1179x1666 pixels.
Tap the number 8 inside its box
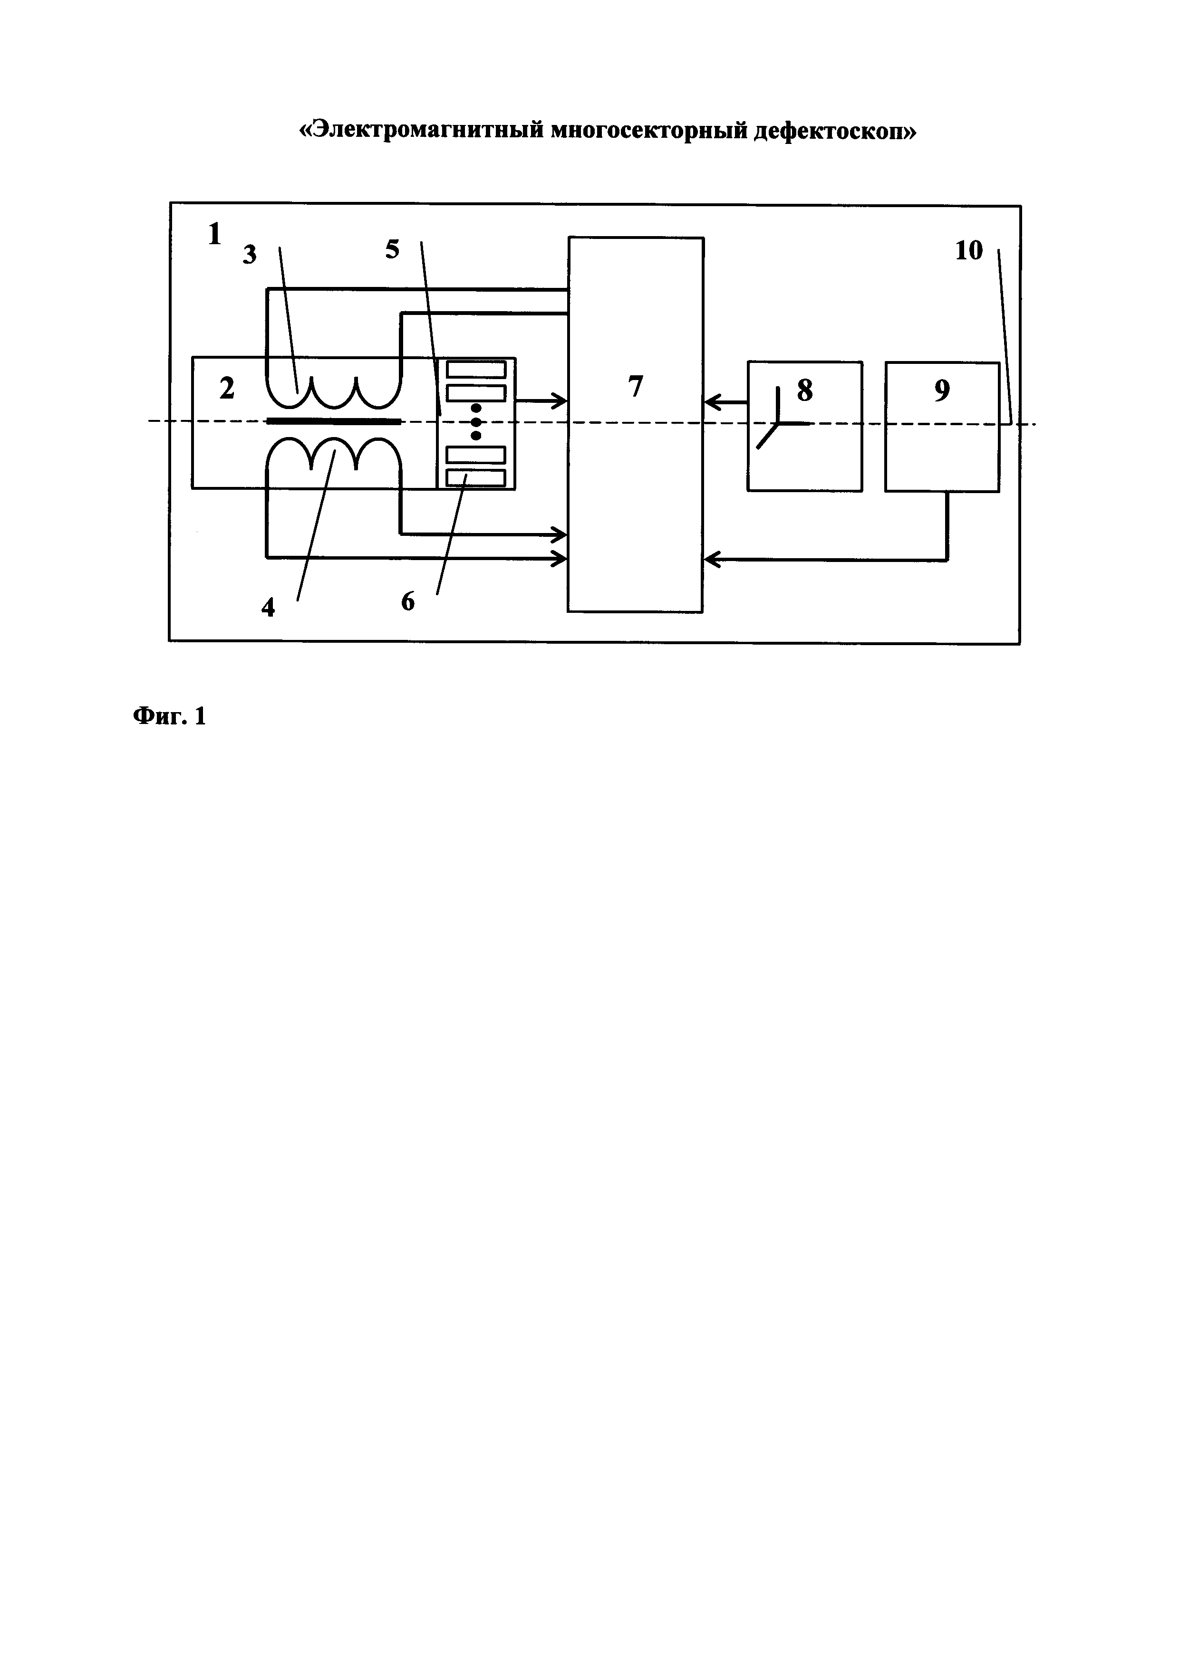coord(804,391)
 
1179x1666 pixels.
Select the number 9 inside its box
coord(942,391)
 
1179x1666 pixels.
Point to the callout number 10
coord(968,251)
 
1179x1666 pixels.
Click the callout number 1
coord(214,234)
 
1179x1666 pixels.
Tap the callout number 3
coord(250,255)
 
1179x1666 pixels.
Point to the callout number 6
coord(408,601)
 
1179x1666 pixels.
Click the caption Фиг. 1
coord(169,717)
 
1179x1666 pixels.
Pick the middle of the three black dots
coord(476,421)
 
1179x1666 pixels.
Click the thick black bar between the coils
coord(333,421)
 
